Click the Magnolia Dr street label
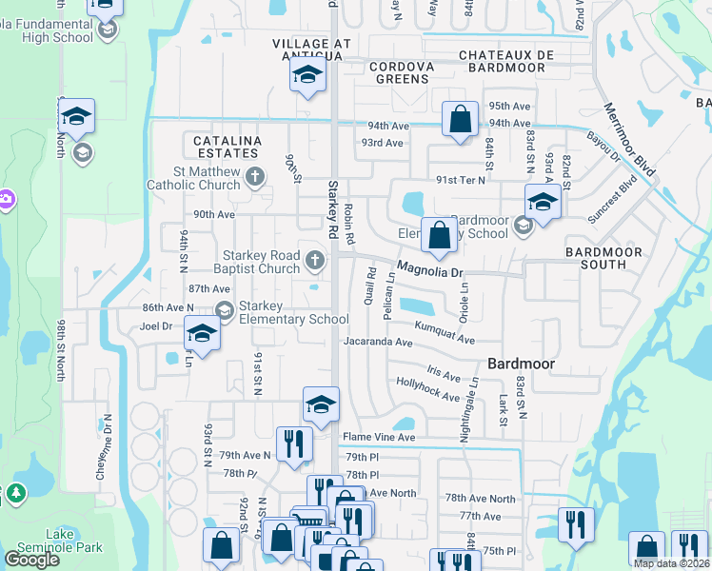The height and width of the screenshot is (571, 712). [x=429, y=270]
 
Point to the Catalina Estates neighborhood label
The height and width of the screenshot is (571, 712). [x=227, y=148]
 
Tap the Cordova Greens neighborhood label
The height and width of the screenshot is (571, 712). [x=401, y=72]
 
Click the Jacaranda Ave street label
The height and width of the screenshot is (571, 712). [x=378, y=341]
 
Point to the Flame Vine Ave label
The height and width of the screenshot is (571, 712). [x=379, y=438]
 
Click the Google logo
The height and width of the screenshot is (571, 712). [x=31, y=560]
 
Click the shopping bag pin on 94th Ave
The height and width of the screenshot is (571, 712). [x=460, y=120]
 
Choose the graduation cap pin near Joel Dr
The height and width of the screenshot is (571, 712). [x=201, y=333]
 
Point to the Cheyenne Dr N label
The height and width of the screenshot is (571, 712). [x=108, y=446]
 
